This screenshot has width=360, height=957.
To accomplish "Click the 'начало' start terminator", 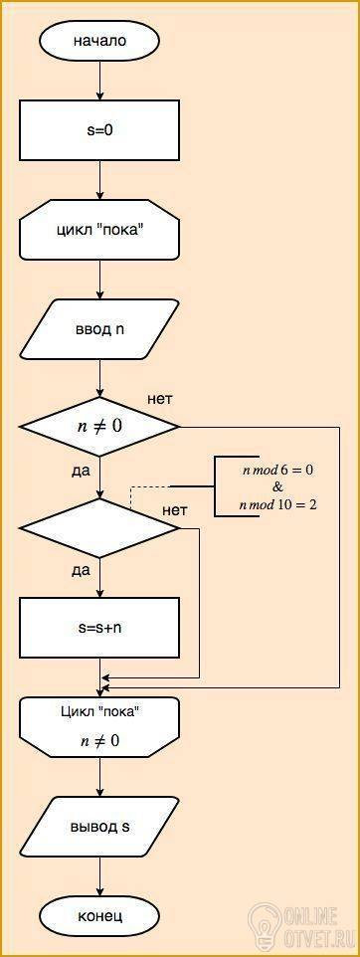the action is (99, 42).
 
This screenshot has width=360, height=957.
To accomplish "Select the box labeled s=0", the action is (99, 130).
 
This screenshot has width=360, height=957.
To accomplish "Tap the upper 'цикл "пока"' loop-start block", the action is (99, 230).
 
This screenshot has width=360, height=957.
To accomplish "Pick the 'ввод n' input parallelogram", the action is (99, 329).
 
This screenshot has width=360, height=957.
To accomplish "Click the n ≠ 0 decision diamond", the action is (99, 427).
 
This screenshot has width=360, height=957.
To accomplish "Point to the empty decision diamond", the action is (99, 528).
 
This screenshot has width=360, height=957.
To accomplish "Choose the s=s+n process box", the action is (99, 628).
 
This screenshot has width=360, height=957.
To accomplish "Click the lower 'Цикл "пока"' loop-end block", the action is (99, 727).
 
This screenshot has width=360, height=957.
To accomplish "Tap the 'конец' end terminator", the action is (99, 915).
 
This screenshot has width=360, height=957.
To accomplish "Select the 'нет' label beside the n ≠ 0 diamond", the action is (160, 400).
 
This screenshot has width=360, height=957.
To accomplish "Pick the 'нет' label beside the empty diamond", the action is (174, 509).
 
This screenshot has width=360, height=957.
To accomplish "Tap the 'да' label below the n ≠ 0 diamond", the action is (81, 472).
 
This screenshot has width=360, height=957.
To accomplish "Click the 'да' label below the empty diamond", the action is (81, 571).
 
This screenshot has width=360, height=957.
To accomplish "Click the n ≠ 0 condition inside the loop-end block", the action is (99, 741).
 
